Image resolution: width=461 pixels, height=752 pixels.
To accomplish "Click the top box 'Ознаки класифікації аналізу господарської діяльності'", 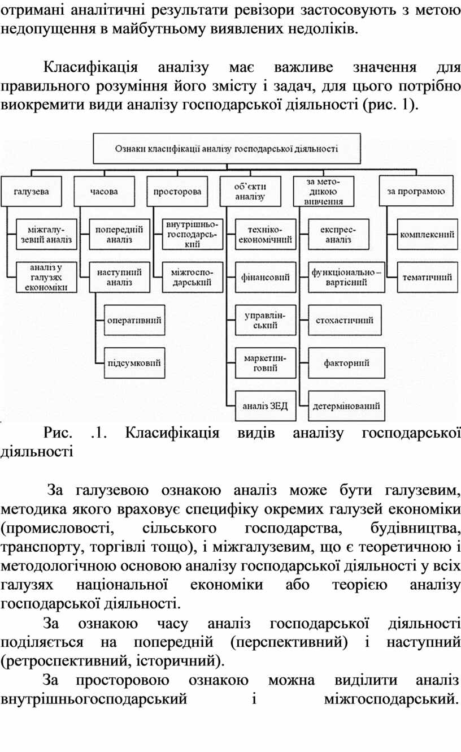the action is coord(227,148).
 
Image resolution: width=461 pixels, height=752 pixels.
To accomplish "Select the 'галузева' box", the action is coord(31,191).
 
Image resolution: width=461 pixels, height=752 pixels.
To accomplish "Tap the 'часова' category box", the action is coord(105,191).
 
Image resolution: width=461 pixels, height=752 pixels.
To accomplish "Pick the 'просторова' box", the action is coord(177,191).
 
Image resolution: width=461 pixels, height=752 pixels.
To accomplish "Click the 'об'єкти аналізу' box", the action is coord(250,191).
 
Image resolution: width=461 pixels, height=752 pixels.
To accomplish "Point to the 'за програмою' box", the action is coord(416,191).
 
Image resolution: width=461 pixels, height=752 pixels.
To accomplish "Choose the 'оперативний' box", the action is coord(134,320).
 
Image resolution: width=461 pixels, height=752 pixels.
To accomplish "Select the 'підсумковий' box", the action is coord(134,363).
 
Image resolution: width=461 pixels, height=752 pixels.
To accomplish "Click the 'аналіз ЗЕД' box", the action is coord(266,406).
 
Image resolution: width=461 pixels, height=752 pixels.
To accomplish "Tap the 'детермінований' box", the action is coord(346,406).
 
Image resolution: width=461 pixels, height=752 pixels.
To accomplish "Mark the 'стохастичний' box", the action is coord(345,320).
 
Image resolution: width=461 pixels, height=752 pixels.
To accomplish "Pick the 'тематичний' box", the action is coord(428,277).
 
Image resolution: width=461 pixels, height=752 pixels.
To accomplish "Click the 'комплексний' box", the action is coord(428,234).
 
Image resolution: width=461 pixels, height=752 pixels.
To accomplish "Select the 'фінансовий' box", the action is coord(266,277).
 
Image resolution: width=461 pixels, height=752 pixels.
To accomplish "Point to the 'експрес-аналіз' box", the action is coord(338,234).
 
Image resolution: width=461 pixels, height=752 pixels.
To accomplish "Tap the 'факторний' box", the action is coord(346,363).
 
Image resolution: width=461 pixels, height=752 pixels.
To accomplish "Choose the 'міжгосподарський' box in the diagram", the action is coord(193,277).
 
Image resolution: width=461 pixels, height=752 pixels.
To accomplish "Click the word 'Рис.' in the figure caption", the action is coord(58,433).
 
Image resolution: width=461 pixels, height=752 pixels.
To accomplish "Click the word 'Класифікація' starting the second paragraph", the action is coord(90,68).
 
